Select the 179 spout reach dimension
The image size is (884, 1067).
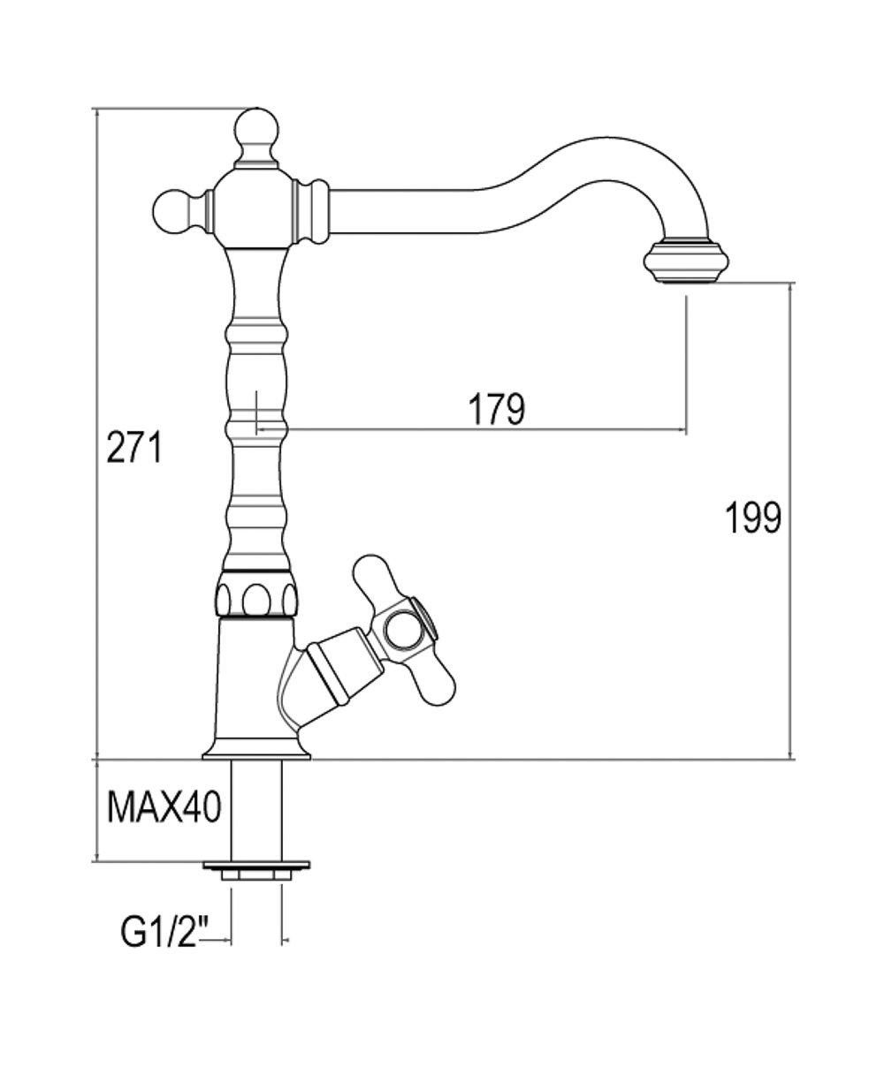[497, 407]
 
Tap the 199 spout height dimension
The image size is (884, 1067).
[753, 518]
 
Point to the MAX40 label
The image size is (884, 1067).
[164, 806]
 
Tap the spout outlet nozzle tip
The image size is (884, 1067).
[685, 262]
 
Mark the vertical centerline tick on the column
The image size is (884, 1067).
[255, 411]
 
